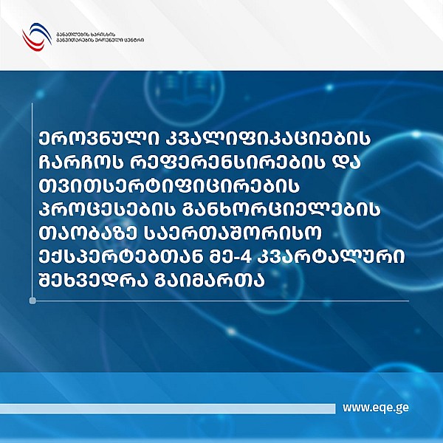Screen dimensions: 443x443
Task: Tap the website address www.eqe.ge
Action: [376, 408]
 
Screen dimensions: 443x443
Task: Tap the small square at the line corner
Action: [33, 301]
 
